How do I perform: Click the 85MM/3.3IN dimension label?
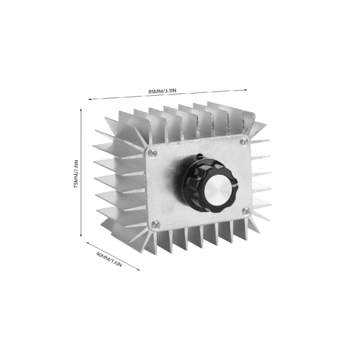tap(163, 91)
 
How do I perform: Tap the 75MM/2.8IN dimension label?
tap(76, 174)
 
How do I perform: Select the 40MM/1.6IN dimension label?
tap(109, 259)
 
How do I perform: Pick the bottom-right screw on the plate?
tap(247, 210)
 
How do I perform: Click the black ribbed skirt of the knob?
tap(191, 175)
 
